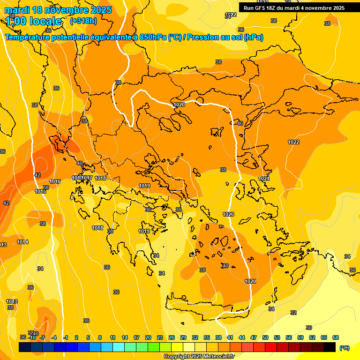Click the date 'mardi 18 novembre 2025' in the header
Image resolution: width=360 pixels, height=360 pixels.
58,10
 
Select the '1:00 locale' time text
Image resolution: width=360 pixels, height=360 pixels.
34,21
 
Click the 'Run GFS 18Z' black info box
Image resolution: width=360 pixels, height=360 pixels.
294,7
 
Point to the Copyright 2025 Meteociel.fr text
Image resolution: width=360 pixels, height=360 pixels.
199,356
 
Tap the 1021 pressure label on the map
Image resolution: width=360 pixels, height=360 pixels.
264,179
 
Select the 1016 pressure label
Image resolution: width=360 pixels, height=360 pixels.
55,181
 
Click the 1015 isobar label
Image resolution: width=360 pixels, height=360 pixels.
40,191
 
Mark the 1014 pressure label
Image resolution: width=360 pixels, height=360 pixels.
22,242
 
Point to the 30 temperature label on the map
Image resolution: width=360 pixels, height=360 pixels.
308,328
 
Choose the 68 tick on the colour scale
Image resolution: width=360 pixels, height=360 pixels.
336,337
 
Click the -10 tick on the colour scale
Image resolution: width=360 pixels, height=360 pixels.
32,337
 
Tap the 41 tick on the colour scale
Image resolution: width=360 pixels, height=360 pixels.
230,337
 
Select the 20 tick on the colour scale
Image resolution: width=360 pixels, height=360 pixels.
148,337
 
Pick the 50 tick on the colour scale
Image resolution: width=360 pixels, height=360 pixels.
265,337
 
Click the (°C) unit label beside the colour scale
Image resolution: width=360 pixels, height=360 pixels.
345,347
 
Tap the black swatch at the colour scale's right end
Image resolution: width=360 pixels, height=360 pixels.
330,347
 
